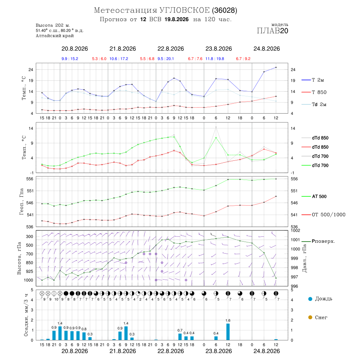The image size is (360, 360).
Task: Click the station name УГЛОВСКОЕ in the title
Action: (184, 10)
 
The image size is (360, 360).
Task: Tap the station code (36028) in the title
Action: (224, 10)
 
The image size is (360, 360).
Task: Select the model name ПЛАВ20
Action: (272, 31)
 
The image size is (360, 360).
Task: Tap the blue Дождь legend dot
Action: (310, 299)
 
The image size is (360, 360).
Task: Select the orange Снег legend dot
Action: (310, 317)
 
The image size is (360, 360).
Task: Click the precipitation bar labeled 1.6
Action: (228, 332)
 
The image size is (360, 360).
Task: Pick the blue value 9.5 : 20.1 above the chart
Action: (166, 59)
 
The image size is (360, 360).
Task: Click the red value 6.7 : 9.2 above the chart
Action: (243, 59)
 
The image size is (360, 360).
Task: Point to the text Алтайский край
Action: (55, 36)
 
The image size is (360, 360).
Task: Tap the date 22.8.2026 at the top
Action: (170, 49)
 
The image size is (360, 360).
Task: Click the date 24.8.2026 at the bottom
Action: (266, 351)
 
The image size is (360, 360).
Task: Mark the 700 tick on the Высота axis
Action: (29, 254)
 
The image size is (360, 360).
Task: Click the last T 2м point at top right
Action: (276, 67)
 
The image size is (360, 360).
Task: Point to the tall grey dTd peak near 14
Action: (216, 127)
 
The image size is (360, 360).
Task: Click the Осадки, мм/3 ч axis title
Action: (26, 315)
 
